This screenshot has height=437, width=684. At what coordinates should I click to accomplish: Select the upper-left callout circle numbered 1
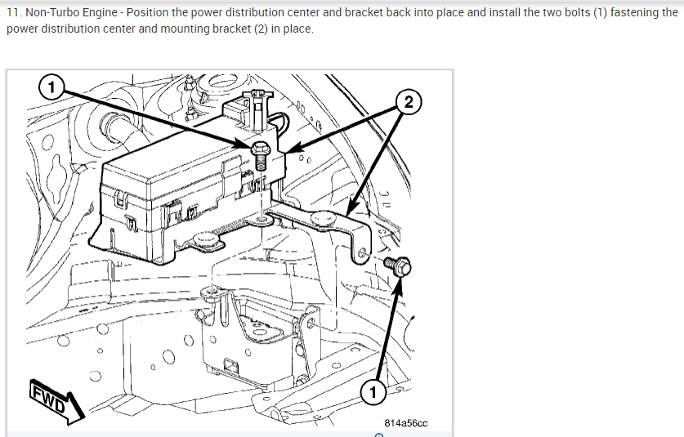[51, 86]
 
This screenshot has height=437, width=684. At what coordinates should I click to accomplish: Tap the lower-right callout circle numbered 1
[373, 391]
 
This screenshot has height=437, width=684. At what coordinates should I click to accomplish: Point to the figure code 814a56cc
[406, 423]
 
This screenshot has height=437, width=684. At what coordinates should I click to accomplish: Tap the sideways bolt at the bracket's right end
[398, 265]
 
